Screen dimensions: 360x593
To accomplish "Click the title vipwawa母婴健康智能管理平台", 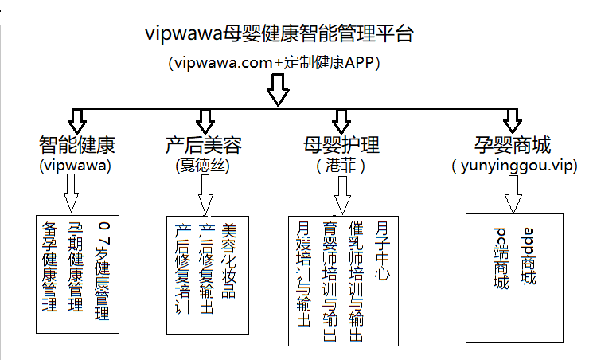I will click(279, 35).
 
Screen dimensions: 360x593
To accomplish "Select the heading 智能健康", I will click(76, 146).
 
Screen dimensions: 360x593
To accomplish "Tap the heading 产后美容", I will click(203, 146).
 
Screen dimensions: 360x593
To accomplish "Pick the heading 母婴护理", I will click(341, 146).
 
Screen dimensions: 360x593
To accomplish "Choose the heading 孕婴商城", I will click(511, 146).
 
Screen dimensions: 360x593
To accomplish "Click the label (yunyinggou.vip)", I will click(513, 167).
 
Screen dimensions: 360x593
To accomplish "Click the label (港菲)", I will click(341, 166).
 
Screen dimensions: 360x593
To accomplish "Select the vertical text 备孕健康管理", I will click(49, 266).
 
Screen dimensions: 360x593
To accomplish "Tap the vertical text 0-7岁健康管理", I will click(100, 270).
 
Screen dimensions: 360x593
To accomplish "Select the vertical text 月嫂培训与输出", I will click(302, 276).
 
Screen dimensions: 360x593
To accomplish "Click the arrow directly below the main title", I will click(276, 90).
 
